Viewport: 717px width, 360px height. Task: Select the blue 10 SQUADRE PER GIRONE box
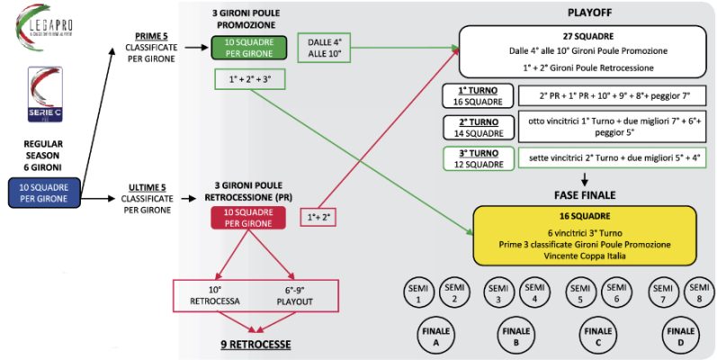43,191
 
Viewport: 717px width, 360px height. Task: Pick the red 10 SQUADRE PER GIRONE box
243,218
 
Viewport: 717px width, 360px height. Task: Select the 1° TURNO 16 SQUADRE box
478,96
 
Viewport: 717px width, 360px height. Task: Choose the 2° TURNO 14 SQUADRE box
478,127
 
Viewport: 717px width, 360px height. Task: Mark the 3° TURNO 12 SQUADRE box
478,157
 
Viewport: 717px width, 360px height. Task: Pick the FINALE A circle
435,337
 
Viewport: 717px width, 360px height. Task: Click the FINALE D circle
679,337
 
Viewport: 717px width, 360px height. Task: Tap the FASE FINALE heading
585,193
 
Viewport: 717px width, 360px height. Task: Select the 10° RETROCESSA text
216,295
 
